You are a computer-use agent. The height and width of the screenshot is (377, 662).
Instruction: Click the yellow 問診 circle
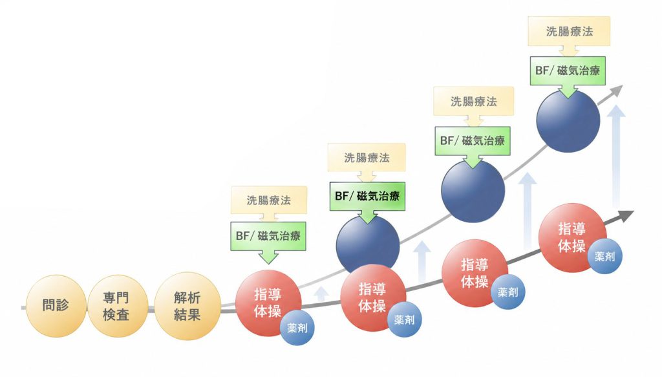click(x=56, y=306)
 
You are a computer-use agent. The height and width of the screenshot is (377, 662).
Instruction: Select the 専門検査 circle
click(x=118, y=306)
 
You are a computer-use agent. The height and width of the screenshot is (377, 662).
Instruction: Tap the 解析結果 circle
click(x=187, y=306)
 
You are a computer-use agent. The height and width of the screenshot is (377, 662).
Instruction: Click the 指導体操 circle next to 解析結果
click(x=268, y=303)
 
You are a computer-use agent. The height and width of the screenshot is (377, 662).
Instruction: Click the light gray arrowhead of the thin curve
click(x=617, y=91)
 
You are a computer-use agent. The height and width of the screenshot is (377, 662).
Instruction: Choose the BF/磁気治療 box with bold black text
click(x=367, y=197)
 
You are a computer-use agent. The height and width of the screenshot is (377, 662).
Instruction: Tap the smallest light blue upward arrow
click(x=322, y=294)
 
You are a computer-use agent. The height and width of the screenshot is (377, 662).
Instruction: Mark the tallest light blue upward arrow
click(x=617, y=157)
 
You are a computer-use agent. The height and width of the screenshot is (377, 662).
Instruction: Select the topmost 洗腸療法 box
click(x=569, y=31)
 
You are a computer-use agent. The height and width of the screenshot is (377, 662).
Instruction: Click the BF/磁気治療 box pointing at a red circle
click(x=268, y=236)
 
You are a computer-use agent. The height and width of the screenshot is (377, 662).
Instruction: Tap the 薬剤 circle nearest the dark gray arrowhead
click(x=604, y=256)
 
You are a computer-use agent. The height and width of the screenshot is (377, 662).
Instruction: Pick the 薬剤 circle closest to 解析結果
click(x=297, y=328)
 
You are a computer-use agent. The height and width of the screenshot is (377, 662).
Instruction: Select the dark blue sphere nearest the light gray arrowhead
click(x=568, y=121)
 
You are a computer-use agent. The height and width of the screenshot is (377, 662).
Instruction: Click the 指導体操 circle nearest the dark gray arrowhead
click(x=573, y=238)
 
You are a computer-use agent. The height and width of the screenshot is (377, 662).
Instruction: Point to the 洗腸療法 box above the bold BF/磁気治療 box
click(x=367, y=158)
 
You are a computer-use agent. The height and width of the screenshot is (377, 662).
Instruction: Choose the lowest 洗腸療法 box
click(x=269, y=200)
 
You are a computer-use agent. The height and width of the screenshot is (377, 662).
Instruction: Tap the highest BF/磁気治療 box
click(x=568, y=70)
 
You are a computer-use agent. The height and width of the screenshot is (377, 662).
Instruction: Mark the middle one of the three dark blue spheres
click(x=473, y=191)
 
